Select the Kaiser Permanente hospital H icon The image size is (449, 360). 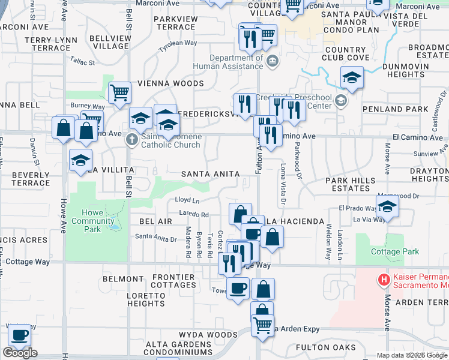pyautogui.click(x=383, y=280)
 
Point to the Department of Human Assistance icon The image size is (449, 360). pyautogui.click(x=272, y=61)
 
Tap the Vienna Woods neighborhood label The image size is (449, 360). pyautogui.click(x=171, y=83)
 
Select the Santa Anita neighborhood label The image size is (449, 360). pyautogui.click(x=210, y=174)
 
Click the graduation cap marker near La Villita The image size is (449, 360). pyautogui.click(x=80, y=161)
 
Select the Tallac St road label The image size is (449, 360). pyautogui.click(x=82, y=62)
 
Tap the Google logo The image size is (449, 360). pyautogui.click(x=20, y=353)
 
